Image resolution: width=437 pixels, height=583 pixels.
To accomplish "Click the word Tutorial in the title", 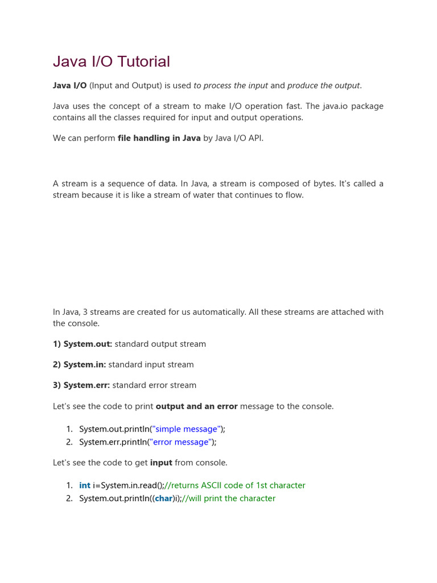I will coord(143,61).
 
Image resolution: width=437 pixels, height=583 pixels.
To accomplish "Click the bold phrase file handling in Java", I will coord(159,138).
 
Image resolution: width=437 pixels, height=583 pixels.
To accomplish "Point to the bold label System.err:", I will coord(81,385).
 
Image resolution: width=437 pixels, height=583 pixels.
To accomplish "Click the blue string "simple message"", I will coord(185,429).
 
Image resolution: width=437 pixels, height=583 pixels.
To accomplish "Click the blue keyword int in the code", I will coord(85,485).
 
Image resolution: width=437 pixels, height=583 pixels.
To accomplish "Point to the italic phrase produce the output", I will coord(323,85).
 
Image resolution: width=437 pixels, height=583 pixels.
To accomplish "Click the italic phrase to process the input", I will coord(230,85).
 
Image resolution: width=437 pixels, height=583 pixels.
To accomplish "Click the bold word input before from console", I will coord(161,462).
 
